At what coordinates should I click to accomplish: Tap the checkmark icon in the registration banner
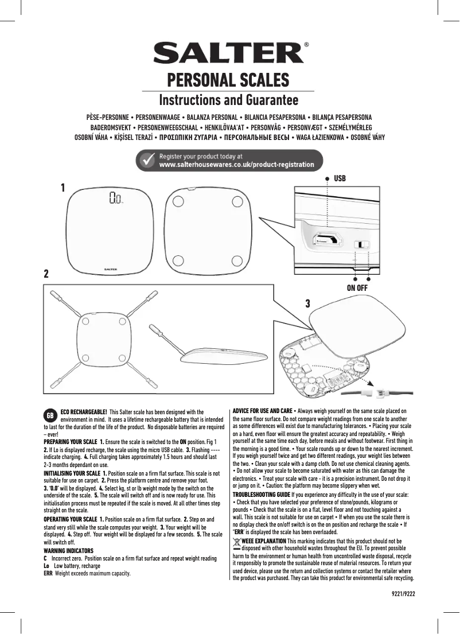coord(147,160)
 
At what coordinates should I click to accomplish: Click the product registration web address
coord(236,165)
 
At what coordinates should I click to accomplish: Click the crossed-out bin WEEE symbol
coord(237,543)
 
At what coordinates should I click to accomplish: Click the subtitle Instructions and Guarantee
coord(228,100)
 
